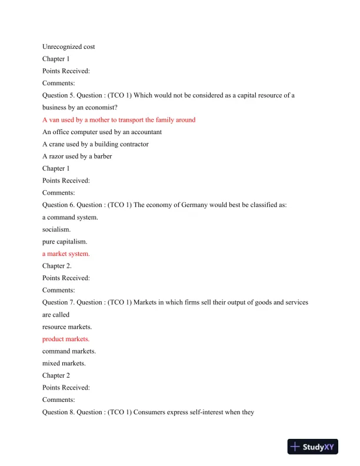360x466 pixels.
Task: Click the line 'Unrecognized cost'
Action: pos(69,46)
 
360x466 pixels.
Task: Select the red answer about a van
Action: pos(119,119)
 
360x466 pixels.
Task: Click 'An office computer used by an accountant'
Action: pos(102,132)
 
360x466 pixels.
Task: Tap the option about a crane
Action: pos(95,144)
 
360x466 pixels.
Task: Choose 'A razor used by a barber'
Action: pos(78,156)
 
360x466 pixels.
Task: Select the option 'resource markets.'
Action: pos(68,327)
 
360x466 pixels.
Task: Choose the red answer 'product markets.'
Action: pos(66,339)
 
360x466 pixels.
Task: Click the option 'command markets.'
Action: pos(69,351)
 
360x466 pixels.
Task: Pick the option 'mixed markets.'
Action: pos(64,364)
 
